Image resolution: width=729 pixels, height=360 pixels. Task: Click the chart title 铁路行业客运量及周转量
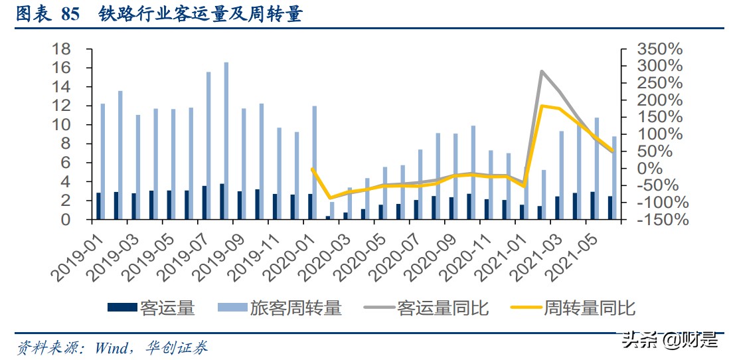click(x=200, y=14)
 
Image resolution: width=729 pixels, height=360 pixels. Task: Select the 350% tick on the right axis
click(x=659, y=49)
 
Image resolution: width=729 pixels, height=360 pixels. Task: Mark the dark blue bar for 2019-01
click(x=98, y=206)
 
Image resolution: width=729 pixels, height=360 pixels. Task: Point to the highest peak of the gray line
click(x=542, y=70)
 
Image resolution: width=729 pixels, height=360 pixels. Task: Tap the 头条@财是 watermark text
click(x=671, y=340)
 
